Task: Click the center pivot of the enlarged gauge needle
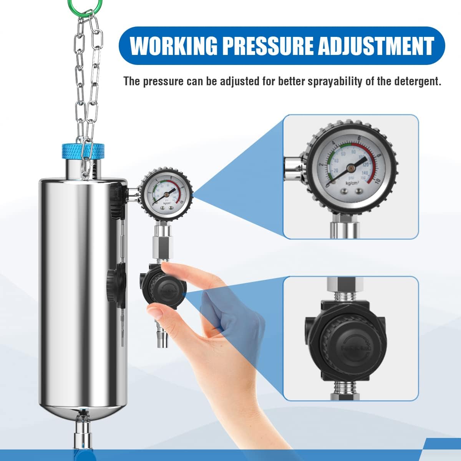point(350,167)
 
